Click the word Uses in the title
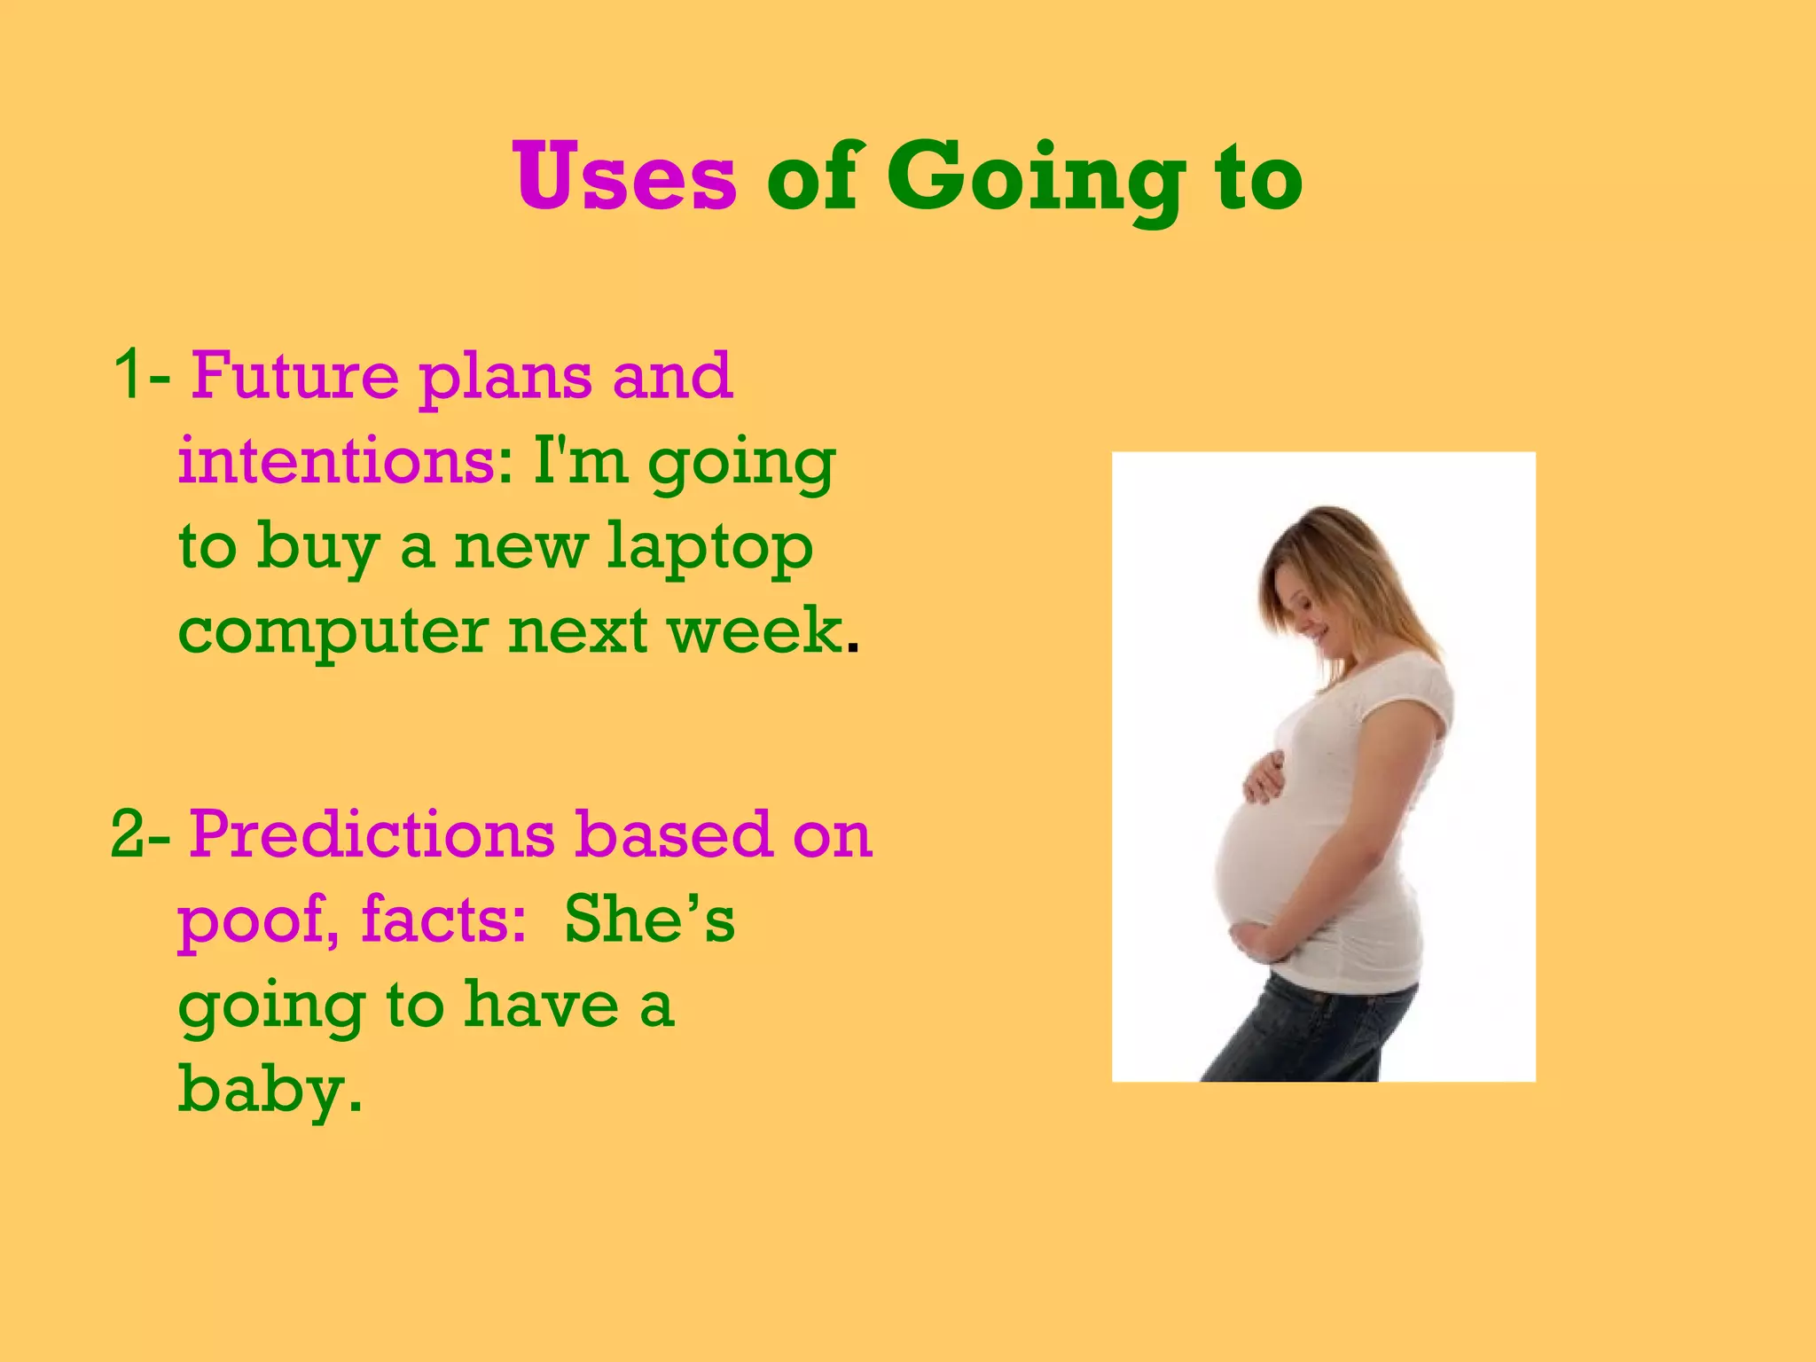click(624, 177)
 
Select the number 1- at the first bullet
click(142, 375)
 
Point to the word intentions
click(337, 461)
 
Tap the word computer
click(333, 633)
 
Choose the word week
click(755, 631)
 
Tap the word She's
click(649, 919)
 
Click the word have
click(542, 1006)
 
